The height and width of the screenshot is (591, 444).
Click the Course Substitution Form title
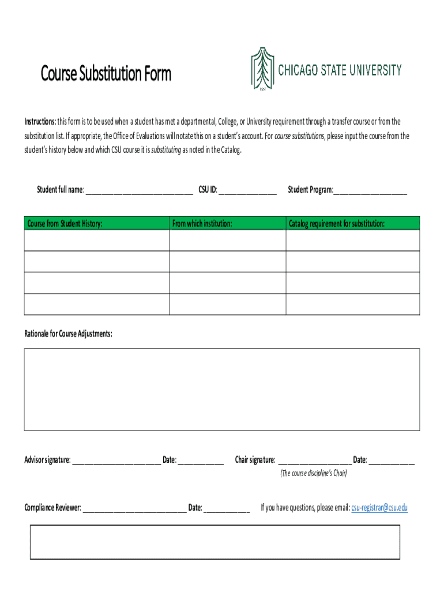coord(106,74)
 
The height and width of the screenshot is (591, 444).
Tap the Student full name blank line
coord(139,191)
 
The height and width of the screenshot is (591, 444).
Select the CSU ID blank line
coord(247,191)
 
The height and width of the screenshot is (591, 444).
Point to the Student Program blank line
coord(370,191)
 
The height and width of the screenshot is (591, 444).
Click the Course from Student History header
coord(65,223)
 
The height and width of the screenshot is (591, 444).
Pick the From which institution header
coord(202,223)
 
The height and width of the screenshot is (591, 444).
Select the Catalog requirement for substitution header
coord(337,223)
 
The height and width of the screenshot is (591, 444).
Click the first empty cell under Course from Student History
coord(96,240)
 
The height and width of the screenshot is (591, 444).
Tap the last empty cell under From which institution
coord(227,304)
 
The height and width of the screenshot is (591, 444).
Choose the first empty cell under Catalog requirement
coord(353,240)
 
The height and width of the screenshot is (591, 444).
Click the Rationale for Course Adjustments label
coord(68,334)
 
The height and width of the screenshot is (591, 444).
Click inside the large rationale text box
coord(222,390)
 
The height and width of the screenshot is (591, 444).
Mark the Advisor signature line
coord(116,461)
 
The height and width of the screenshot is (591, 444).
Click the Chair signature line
coord(315,461)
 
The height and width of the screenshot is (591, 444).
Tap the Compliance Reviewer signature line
coord(134,509)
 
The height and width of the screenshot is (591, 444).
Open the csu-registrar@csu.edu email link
coord(379,508)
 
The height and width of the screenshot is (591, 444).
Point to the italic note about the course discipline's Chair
coord(314,474)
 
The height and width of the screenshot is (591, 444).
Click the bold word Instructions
coord(39,122)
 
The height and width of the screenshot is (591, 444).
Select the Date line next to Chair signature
coord(392,461)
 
